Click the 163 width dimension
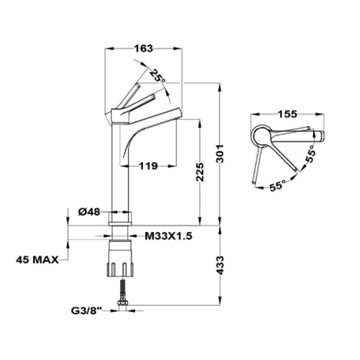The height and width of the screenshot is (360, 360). (x=144, y=49)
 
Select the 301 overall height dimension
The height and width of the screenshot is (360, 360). (x=220, y=153)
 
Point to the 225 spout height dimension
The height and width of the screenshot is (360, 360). (x=200, y=172)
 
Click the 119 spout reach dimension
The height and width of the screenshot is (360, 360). (x=148, y=166)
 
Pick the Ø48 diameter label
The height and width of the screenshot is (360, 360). (x=89, y=211)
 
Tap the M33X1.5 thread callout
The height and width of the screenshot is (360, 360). (x=168, y=236)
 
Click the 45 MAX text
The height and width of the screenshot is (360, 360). (x=37, y=260)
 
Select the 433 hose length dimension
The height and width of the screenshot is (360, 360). (x=220, y=265)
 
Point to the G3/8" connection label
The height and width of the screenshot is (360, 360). (x=86, y=311)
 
